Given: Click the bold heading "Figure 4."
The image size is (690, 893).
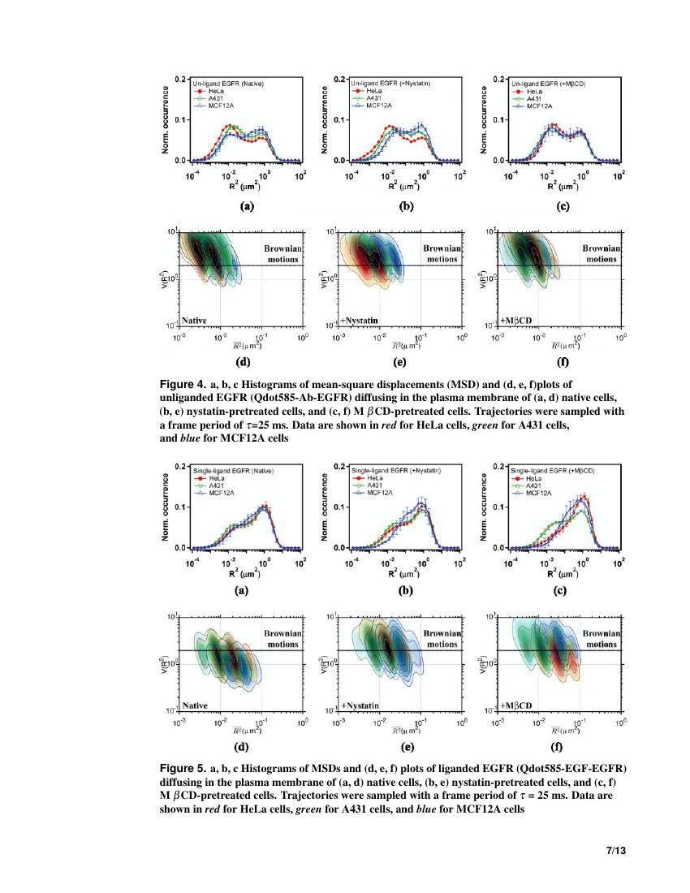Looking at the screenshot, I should pyautogui.click(x=183, y=382).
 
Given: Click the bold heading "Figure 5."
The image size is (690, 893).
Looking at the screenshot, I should pyautogui.click(x=183, y=768).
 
